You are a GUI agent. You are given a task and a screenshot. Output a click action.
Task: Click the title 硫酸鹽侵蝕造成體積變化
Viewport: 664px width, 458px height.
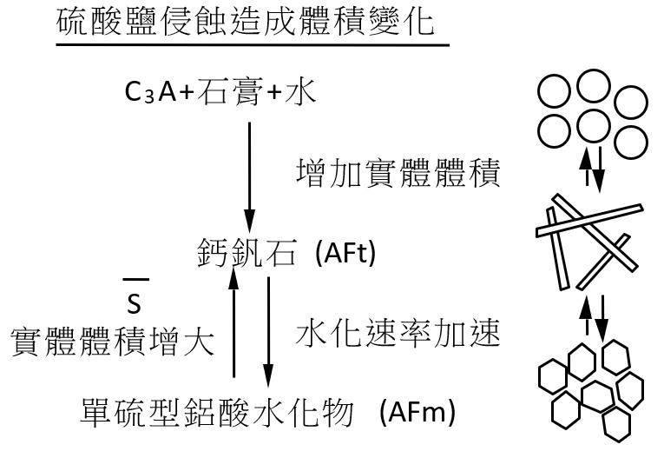pos(245,21)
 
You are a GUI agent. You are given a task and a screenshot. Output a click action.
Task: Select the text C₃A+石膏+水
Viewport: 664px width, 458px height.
pos(220,91)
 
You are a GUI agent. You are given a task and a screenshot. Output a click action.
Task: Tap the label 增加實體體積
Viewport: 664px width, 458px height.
pos(398,173)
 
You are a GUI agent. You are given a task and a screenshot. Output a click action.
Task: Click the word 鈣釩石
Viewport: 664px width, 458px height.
pos(246,252)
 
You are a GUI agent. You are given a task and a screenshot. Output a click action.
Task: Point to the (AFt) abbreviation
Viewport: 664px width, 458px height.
pos(345,253)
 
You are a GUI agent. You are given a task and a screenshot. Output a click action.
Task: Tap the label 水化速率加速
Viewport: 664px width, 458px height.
pos(398,332)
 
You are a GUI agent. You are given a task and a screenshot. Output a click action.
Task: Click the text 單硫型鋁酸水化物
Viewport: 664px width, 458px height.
pos(216,412)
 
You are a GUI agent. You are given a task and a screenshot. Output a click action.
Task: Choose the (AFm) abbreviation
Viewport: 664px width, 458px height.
pos(417,412)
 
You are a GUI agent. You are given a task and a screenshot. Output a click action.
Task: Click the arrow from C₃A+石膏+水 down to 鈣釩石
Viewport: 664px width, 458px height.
pos(249,177)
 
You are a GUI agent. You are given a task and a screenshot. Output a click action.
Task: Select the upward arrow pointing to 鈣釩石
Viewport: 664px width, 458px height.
pos(233,322)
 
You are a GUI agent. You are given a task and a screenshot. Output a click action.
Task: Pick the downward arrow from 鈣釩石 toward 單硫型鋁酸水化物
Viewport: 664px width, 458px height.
pos(267,332)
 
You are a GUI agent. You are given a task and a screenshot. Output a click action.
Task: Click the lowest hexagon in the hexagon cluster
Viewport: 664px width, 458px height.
pos(617,424)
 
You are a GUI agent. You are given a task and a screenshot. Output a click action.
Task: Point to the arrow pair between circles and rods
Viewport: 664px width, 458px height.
pos(593,168)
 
